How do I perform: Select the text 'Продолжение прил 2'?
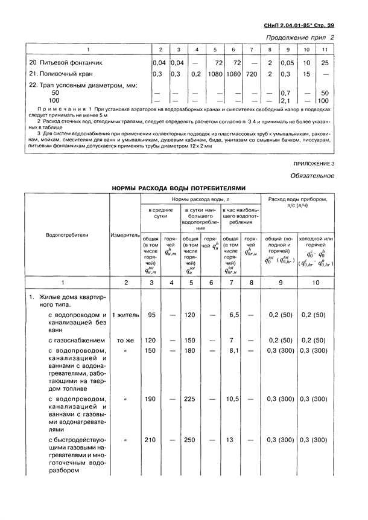tap(300, 38)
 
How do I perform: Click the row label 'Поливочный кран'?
tap(63, 74)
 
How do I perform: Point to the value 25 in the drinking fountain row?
tap(325, 62)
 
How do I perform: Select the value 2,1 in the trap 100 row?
tap(287, 101)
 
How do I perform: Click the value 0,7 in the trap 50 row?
tap(287, 93)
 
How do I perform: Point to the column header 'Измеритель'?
tap(125, 234)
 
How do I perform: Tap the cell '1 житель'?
tap(125, 315)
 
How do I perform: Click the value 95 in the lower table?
tap(151, 315)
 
